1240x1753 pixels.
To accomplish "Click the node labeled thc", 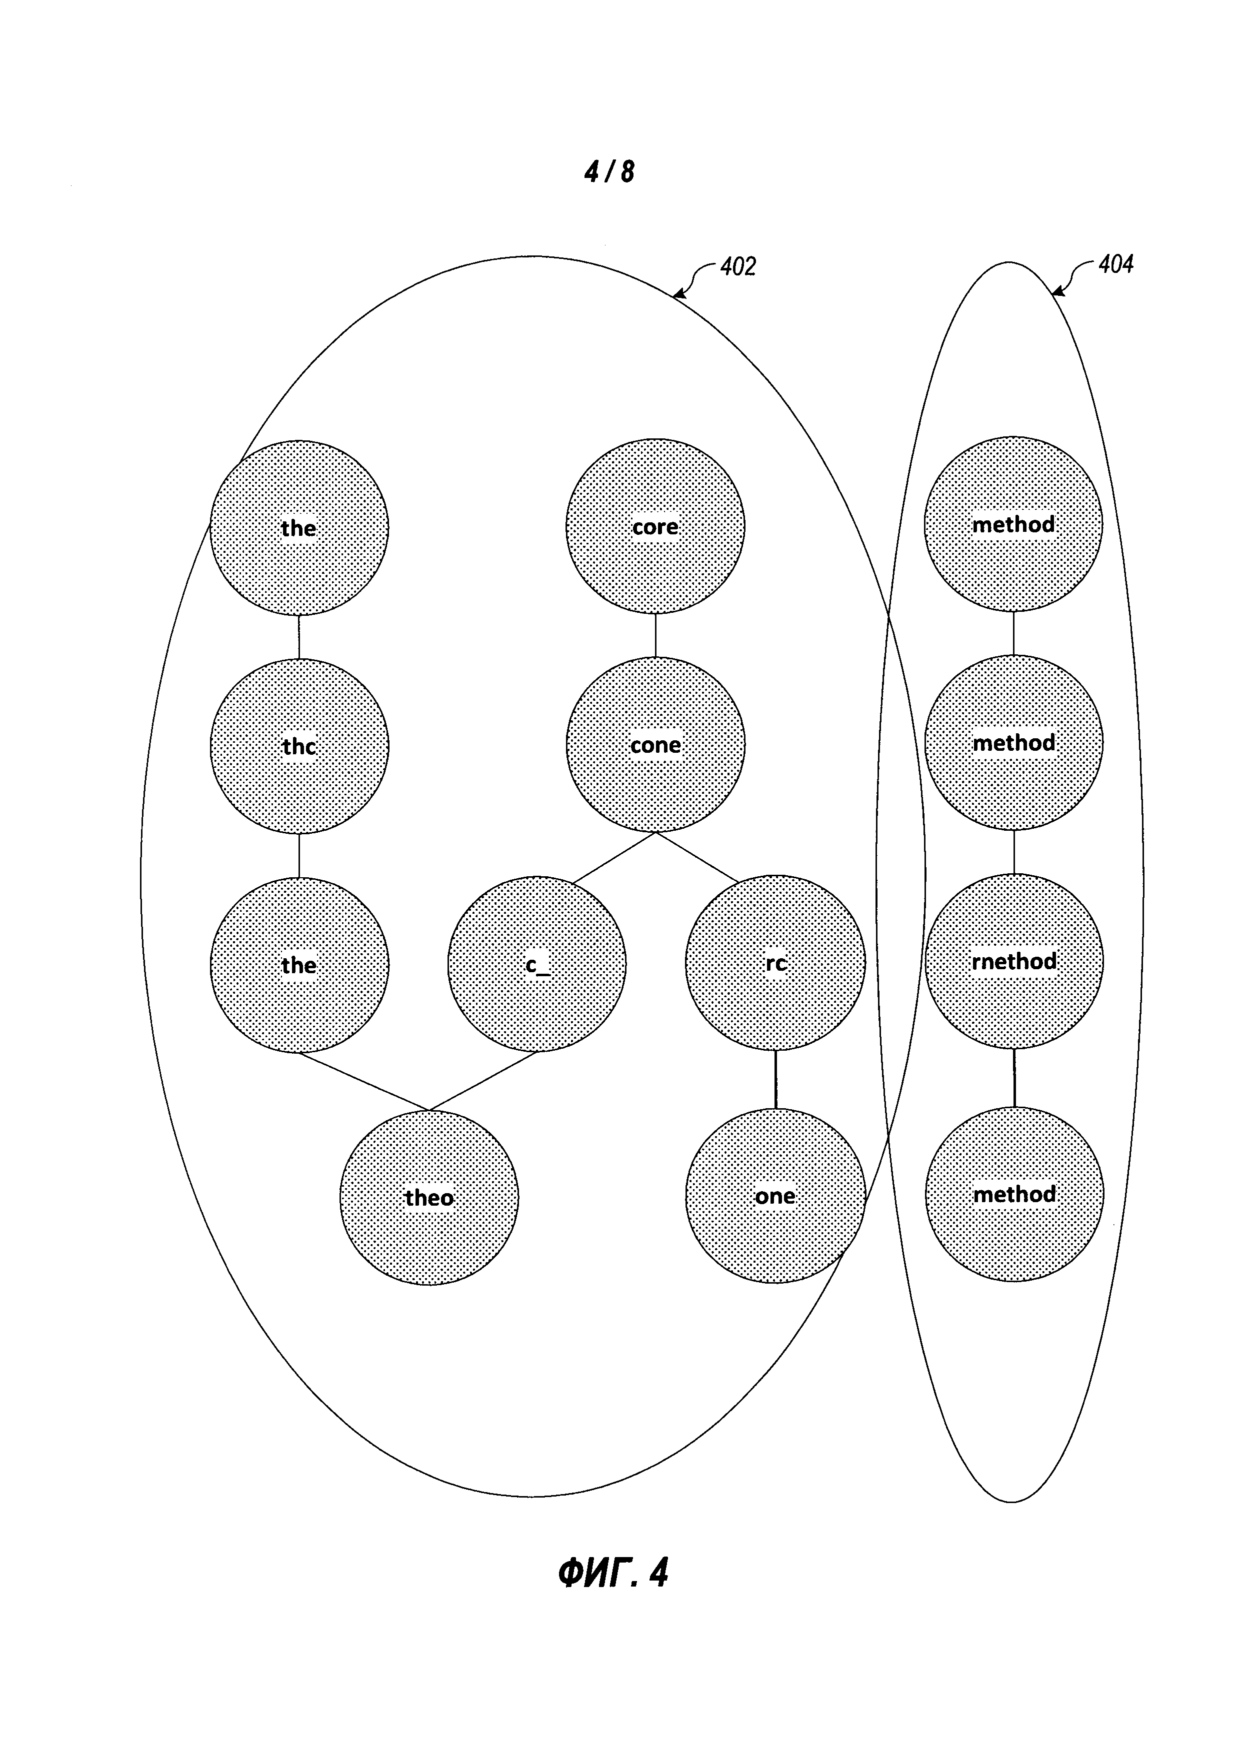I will tap(299, 745).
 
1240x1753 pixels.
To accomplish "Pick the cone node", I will tap(655, 744).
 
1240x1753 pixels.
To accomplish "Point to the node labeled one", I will tap(775, 1196).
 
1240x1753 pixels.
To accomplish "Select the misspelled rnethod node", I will tap(1014, 961).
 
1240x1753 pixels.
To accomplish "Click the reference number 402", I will tap(737, 266).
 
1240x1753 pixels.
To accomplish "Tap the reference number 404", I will tap(1115, 265).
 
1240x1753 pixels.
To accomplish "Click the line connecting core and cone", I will tap(655, 635).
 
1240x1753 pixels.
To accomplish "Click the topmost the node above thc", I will tap(299, 527).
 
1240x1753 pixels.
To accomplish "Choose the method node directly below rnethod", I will tap(1014, 1194).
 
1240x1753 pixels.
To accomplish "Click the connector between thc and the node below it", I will tap(299, 855).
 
